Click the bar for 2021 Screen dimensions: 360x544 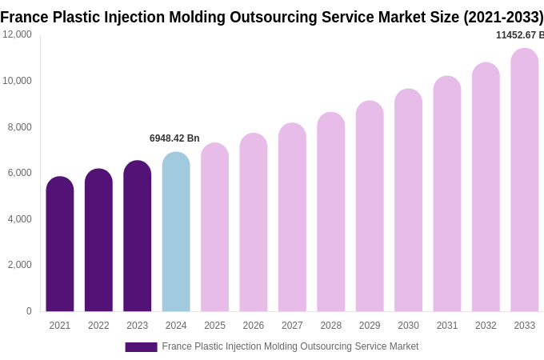60,244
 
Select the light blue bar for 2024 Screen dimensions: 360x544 176,232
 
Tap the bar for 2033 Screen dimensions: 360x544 525,180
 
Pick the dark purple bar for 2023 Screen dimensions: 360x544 138,236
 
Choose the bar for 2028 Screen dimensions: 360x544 331,212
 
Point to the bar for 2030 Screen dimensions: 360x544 408,200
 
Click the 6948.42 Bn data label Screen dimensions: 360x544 174,138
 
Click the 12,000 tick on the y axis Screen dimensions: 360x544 18,34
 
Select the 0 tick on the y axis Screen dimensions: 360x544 29,311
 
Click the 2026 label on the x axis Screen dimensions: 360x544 254,326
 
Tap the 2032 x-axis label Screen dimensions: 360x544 486,326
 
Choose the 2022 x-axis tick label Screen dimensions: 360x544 98,326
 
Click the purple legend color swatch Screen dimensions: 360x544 141,347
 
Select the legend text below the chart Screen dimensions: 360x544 290,346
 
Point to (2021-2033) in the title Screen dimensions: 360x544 503,17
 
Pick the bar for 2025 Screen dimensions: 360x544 214,228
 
